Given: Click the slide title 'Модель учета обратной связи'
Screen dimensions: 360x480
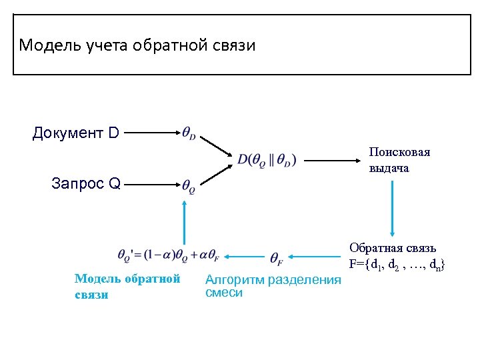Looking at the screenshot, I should (137, 45).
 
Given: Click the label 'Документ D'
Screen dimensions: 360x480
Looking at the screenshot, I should (75, 133).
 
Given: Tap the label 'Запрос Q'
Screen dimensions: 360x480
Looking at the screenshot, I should (85, 184).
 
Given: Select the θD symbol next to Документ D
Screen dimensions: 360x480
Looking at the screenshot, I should (189, 133).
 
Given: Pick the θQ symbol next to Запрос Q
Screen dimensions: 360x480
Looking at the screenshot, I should (189, 186).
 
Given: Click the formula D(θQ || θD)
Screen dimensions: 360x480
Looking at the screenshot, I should (267, 160).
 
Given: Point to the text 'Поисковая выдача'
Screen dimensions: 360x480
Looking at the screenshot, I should (399, 160).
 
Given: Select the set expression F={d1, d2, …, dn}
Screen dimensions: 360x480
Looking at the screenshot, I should (397, 265).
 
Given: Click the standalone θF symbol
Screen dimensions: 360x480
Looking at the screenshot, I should (277, 257).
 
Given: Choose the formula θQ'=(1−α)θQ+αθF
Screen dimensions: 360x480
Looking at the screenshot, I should (168, 254).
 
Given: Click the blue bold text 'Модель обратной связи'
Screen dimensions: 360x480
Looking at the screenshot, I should (127, 287).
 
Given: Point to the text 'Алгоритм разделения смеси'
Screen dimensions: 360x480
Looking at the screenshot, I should (273, 286).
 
